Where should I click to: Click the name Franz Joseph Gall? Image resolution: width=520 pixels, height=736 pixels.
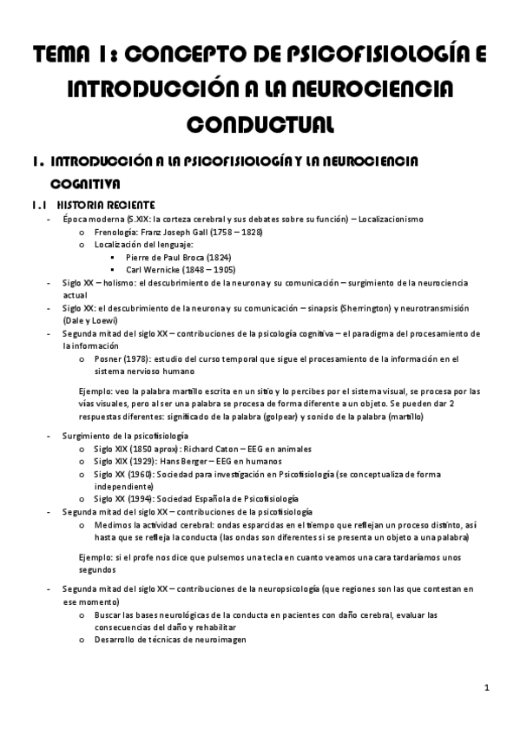pos(168,233)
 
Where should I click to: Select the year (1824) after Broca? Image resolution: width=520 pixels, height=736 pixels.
pos(215,258)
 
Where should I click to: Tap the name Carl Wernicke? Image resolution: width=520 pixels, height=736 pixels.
pos(154,270)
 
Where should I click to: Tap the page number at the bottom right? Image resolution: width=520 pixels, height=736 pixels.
pos(488,688)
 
